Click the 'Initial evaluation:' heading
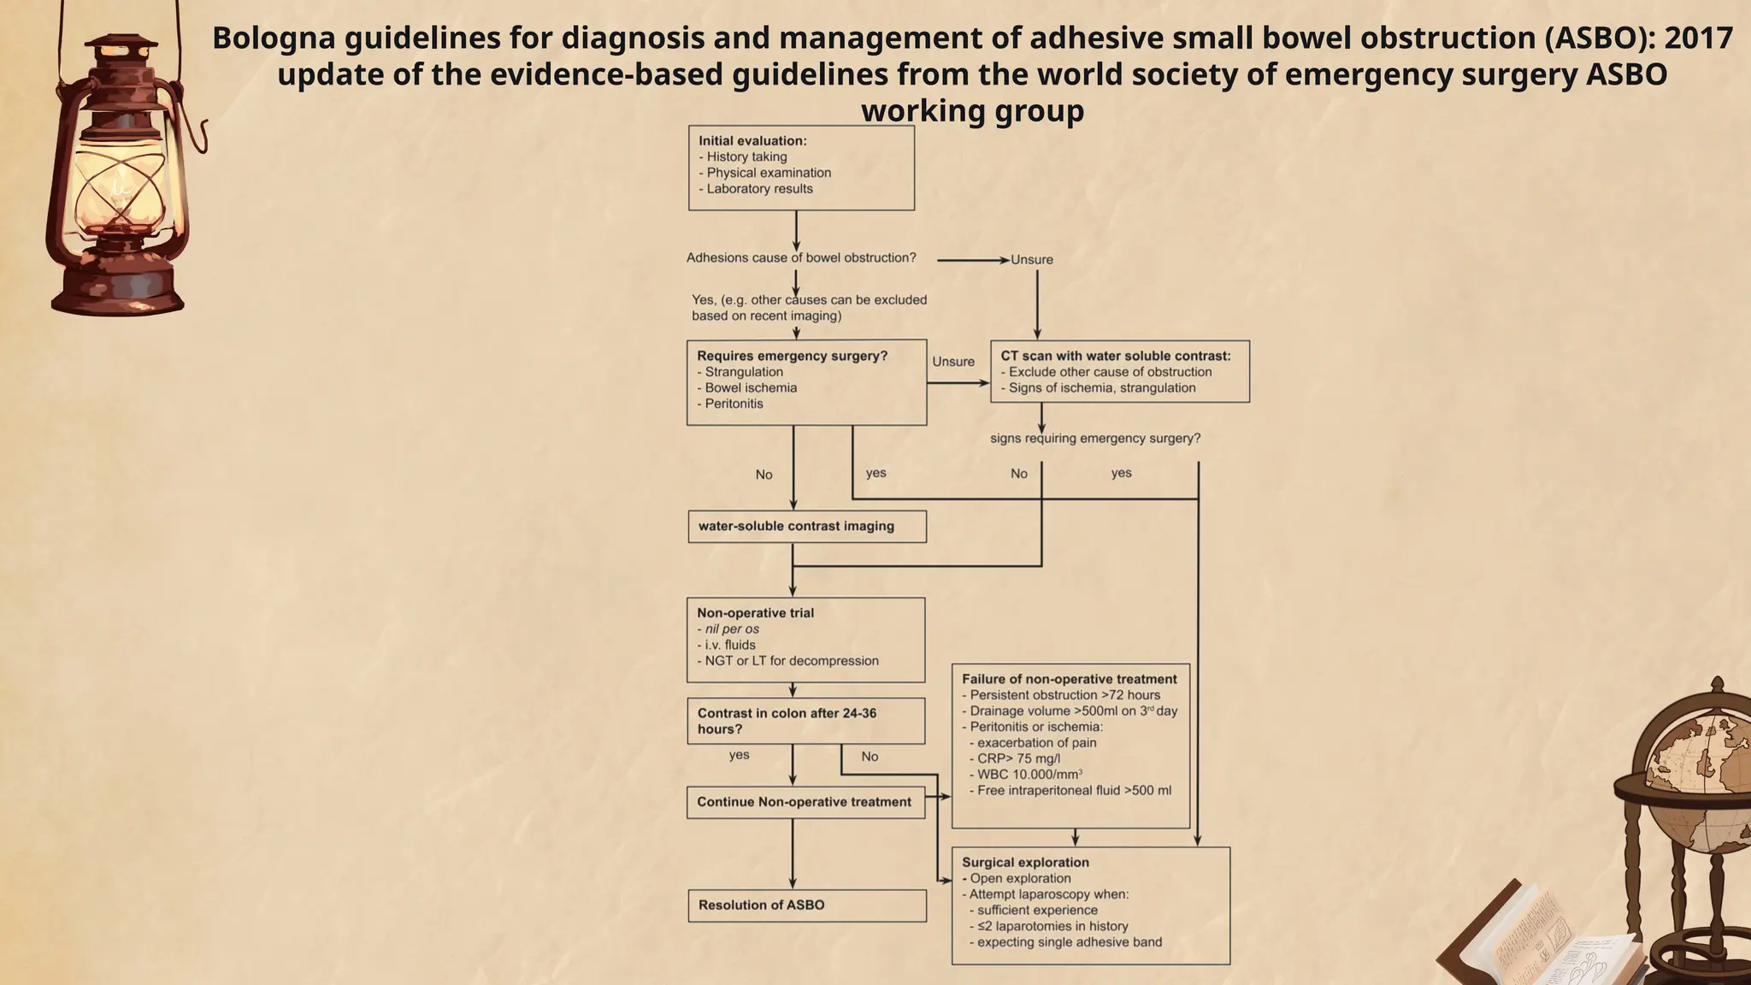(x=752, y=141)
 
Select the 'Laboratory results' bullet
(x=759, y=189)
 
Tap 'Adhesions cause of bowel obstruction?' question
(x=801, y=258)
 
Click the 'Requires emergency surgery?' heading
(x=793, y=356)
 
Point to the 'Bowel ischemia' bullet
(x=751, y=388)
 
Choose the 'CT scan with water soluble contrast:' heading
(x=1116, y=356)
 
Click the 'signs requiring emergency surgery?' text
(x=1095, y=439)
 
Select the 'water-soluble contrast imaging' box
(x=806, y=527)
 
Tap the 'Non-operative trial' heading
(x=755, y=613)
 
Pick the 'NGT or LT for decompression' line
(x=792, y=661)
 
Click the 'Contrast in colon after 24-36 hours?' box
(x=805, y=721)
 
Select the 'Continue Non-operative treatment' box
(x=805, y=802)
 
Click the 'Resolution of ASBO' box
(x=806, y=905)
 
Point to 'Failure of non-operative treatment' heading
(x=1069, y=679)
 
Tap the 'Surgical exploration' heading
(x=1025, y=863)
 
